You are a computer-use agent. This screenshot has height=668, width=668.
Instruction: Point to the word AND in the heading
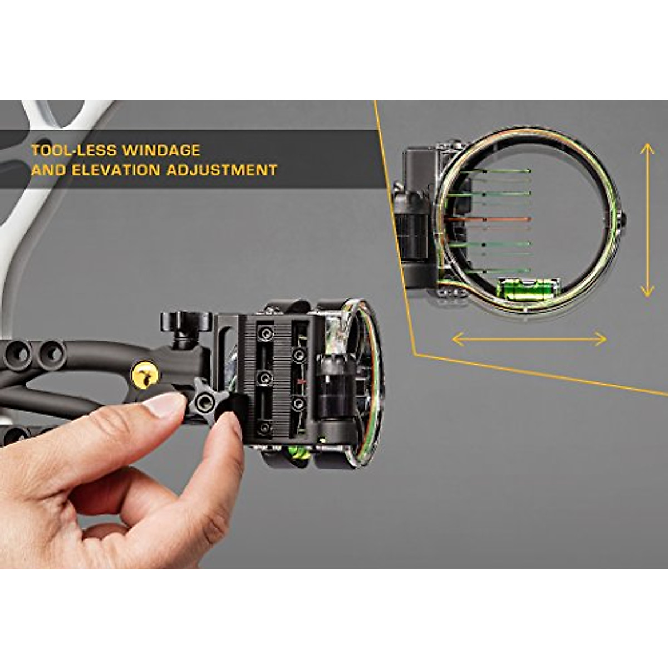[45, 170]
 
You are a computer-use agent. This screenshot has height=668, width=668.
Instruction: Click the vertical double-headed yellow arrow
[646, 220]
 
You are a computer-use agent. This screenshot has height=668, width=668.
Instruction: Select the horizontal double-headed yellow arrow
[529, 338]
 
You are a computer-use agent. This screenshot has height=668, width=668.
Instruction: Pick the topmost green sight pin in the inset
[495, 171]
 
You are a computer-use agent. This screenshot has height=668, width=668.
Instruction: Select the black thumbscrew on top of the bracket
[186, 322]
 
